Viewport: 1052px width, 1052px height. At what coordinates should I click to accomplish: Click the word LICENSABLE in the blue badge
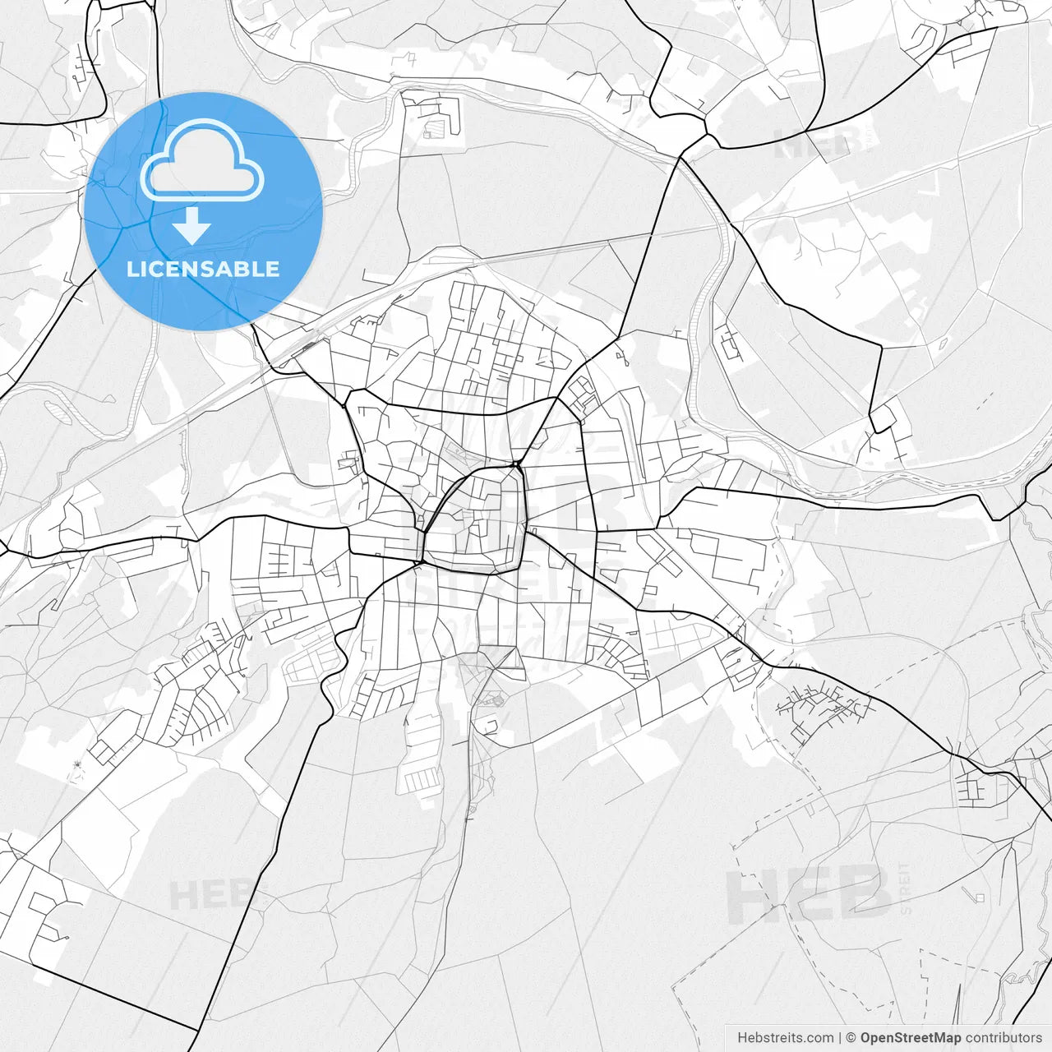click(203, 269)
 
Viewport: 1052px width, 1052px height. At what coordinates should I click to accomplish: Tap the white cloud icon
click(202, 160)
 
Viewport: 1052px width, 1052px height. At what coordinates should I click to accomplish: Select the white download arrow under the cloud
click(192, 225)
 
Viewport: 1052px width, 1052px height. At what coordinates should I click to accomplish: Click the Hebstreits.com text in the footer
click(786, 1038)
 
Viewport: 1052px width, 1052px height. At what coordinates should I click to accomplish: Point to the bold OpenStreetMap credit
click(911, 1038)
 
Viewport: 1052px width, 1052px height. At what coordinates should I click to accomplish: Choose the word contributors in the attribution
click(1004, 1038)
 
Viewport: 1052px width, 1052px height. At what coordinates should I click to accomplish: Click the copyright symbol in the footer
click(851, 1038)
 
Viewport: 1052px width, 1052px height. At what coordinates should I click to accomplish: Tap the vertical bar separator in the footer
click(840, 1038)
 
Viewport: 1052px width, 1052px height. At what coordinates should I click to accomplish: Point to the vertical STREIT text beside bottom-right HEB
click(906, 888)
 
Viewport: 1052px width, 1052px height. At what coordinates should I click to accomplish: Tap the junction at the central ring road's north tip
click(517, 466)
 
